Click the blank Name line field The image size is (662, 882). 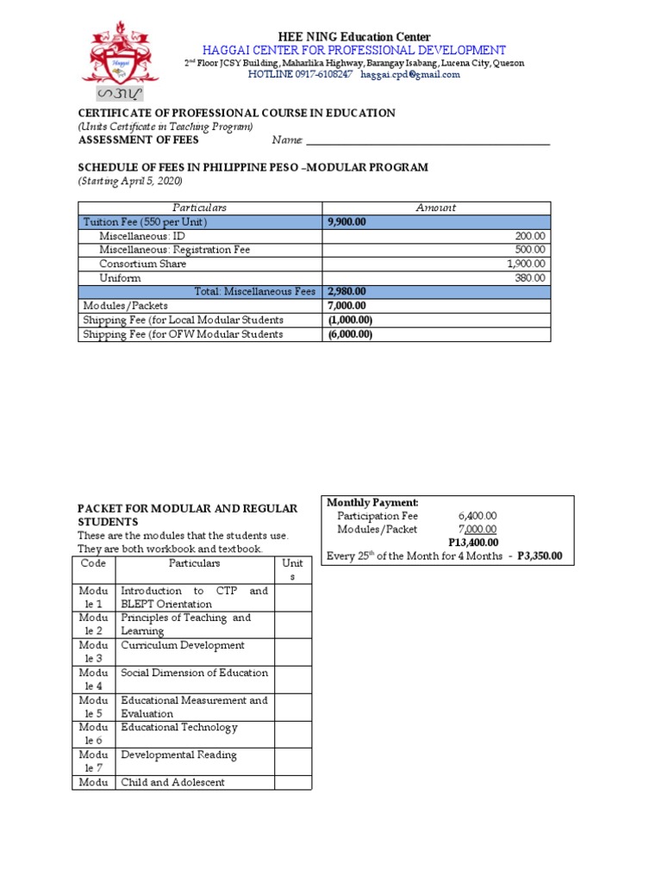point(428,141)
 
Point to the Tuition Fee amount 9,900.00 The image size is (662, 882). point(347,222)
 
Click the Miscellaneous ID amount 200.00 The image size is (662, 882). point(531,236)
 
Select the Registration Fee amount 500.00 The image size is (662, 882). point(531,250)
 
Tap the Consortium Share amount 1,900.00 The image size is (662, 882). point(527,264)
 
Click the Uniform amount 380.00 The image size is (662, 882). point(531,278)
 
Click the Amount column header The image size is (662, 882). point(435,208)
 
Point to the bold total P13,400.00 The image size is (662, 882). point(473,543)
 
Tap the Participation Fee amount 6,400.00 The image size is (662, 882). point(478,516)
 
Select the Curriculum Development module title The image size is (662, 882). point(183,645)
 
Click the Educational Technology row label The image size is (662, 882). point(178,728)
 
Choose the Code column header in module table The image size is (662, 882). point(92,563)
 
